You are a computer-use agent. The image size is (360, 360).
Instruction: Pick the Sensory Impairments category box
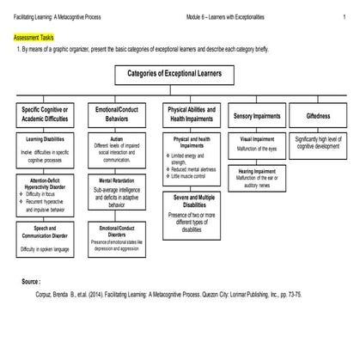coord(255,114)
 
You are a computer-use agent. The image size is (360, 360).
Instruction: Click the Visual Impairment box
coord(257,143)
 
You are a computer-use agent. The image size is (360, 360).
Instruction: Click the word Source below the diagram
coord(30,281)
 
